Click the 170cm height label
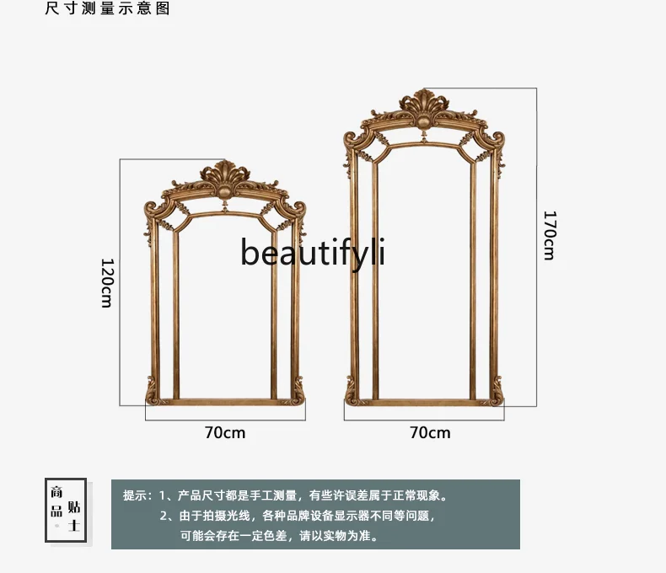click(x=549, y=235)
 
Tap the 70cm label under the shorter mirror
click(x=225, y=432)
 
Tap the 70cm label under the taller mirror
click(x=430, y=432)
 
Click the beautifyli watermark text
click(x=313, y=252)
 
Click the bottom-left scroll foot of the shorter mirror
click(x=153, y=393)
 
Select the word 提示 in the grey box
click(x=135, y=496)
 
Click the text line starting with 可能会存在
click(x=279, y=535)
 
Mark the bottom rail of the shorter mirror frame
click(x=224, y=402)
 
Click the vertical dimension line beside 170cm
click(x=537, y=244)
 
